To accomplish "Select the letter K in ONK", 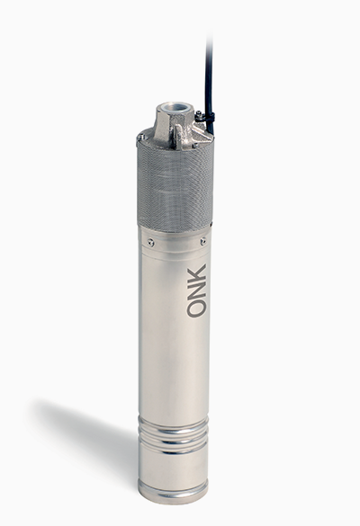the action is [x=196, y=272].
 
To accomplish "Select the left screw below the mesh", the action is [x=151, y=241].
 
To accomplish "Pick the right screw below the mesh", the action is [x=202, y=241].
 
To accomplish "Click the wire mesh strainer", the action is [x=175, y=188].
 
